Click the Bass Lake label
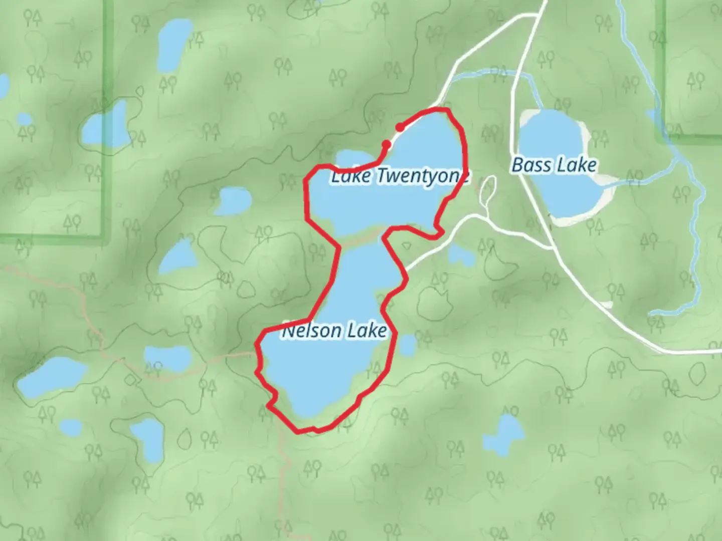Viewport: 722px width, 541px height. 554,165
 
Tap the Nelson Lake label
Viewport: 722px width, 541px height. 334,331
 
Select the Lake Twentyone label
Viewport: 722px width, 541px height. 400,176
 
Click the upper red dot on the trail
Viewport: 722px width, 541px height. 400,127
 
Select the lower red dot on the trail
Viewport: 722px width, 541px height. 387,145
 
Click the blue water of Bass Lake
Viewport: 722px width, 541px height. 557,195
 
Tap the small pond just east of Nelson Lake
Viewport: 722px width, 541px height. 408,345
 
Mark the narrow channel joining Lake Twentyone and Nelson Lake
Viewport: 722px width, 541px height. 362,239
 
